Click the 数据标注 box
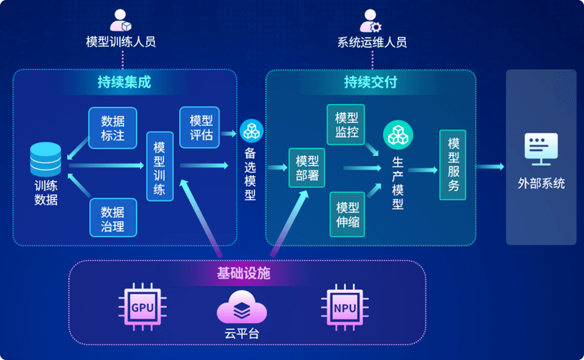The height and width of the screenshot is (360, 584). tap(112, 128)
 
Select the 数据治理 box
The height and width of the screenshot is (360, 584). tap(112, 218)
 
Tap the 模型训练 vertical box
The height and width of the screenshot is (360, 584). tap(159, 166)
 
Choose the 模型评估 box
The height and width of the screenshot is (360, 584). tap(200, 127)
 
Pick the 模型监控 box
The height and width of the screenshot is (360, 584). tap(346, 125)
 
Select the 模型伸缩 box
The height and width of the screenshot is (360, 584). tap(348, 214)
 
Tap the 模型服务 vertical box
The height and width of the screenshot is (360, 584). tap(453, 165)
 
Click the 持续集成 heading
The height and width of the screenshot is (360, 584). tap(124, 82)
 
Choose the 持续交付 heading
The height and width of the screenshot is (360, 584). tap(371, 82)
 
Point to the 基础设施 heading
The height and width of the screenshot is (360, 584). tap(243, 273)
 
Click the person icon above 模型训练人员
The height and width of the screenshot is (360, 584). tap(120, 20)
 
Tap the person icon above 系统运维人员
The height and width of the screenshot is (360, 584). tap(371, 20)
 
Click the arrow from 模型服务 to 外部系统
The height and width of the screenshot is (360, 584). tap(490, 166)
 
